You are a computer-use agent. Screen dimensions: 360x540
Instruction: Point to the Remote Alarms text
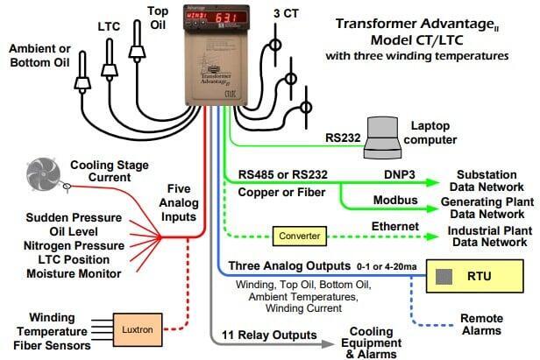[x=481, y=325]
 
